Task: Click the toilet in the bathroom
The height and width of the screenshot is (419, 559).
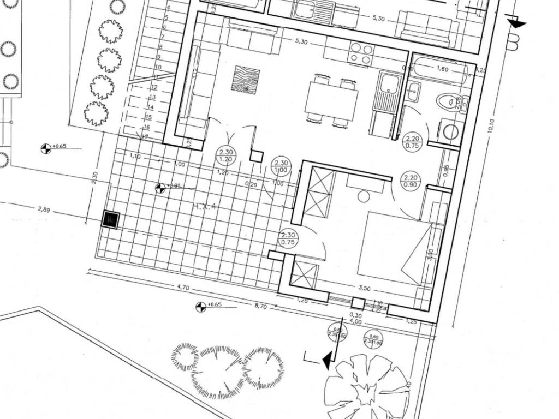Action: point(446,101)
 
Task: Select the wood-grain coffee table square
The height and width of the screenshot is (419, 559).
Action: point(245,80)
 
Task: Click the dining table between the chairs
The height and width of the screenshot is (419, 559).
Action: point(331,100)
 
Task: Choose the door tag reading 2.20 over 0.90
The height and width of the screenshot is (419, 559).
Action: point(411,181)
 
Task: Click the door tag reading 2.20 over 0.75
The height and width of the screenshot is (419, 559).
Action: point(412,142)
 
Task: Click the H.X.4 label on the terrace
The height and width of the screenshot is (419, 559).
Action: point(205,207)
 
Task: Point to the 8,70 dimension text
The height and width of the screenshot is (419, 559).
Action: point(260,307)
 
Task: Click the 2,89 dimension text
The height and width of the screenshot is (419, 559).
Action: point(44,209)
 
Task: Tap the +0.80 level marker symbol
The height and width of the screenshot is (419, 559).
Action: point(160,188)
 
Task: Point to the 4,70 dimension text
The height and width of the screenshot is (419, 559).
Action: point(182,287)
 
